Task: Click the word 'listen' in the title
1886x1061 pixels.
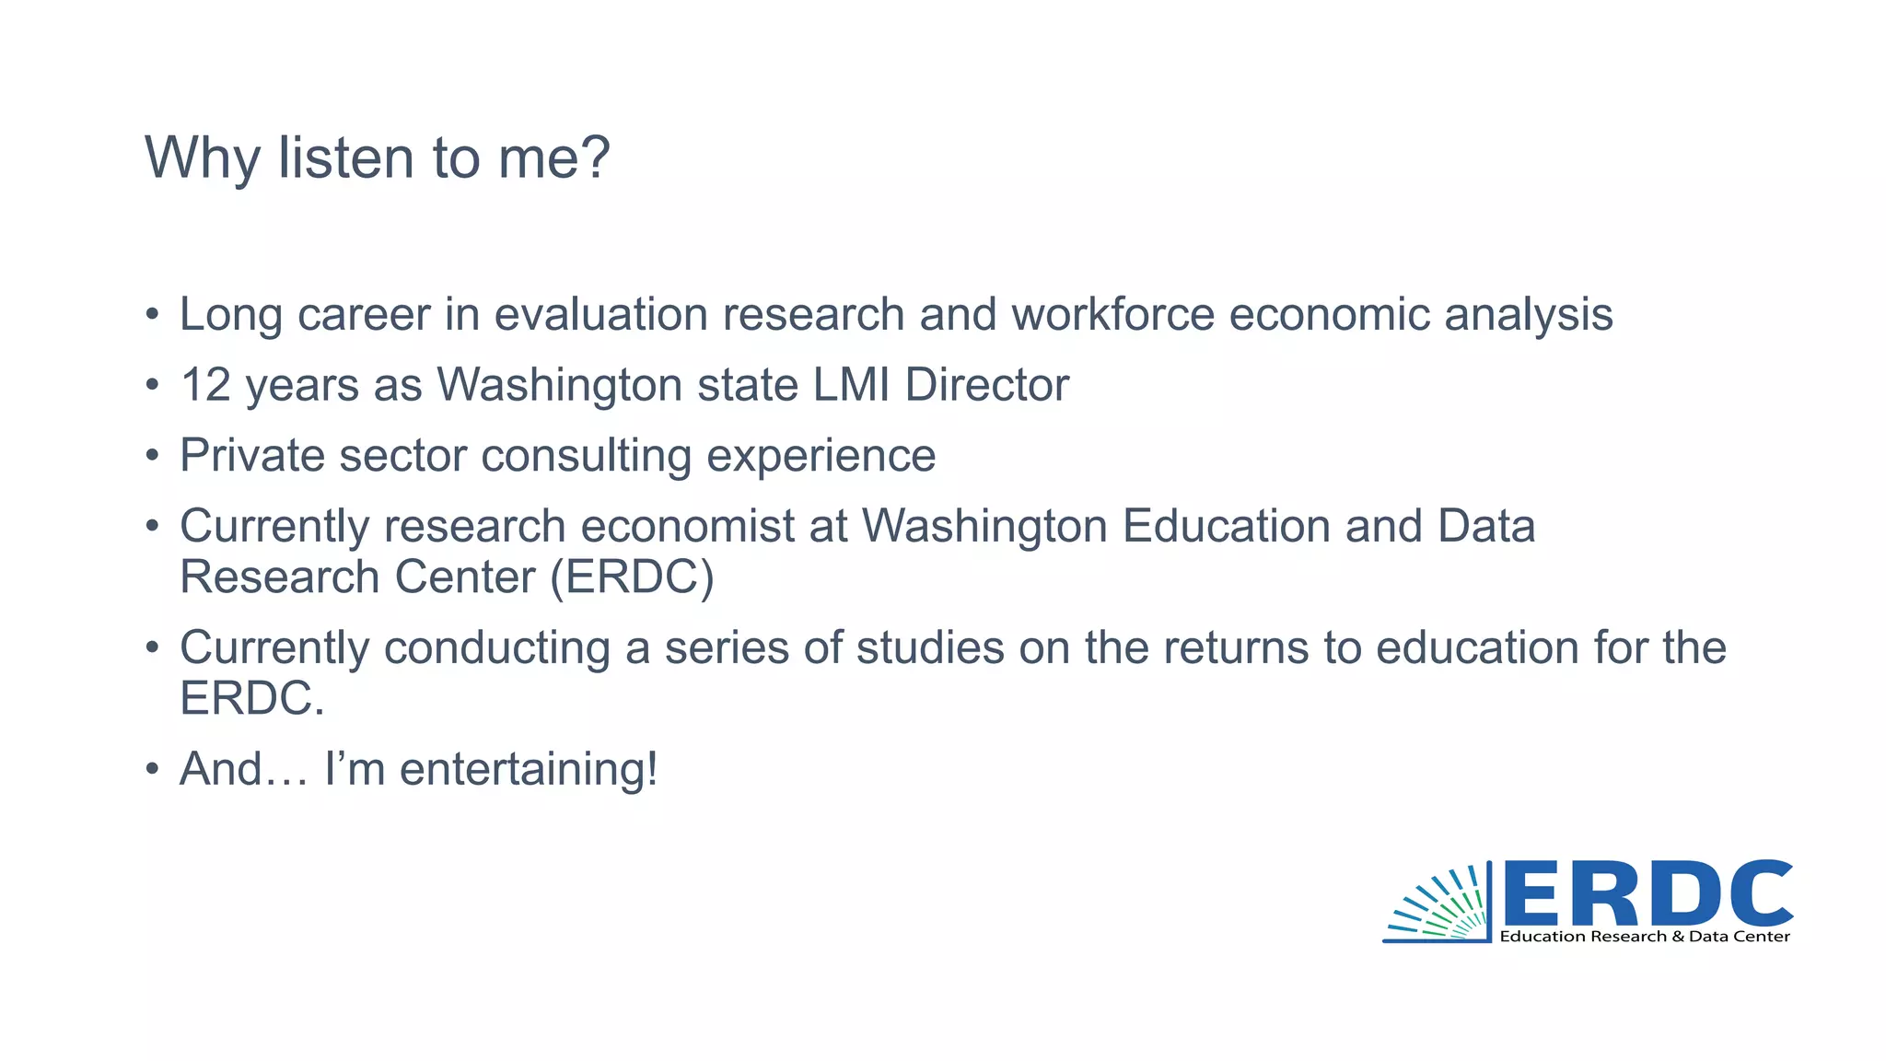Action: tap(346, 157)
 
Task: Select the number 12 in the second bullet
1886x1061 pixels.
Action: tap(204, 385)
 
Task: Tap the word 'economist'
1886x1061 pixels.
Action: tap(687, 527)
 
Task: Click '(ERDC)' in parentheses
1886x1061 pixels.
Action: tap(632, 577)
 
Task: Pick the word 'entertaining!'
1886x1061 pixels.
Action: tap(529, 770)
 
